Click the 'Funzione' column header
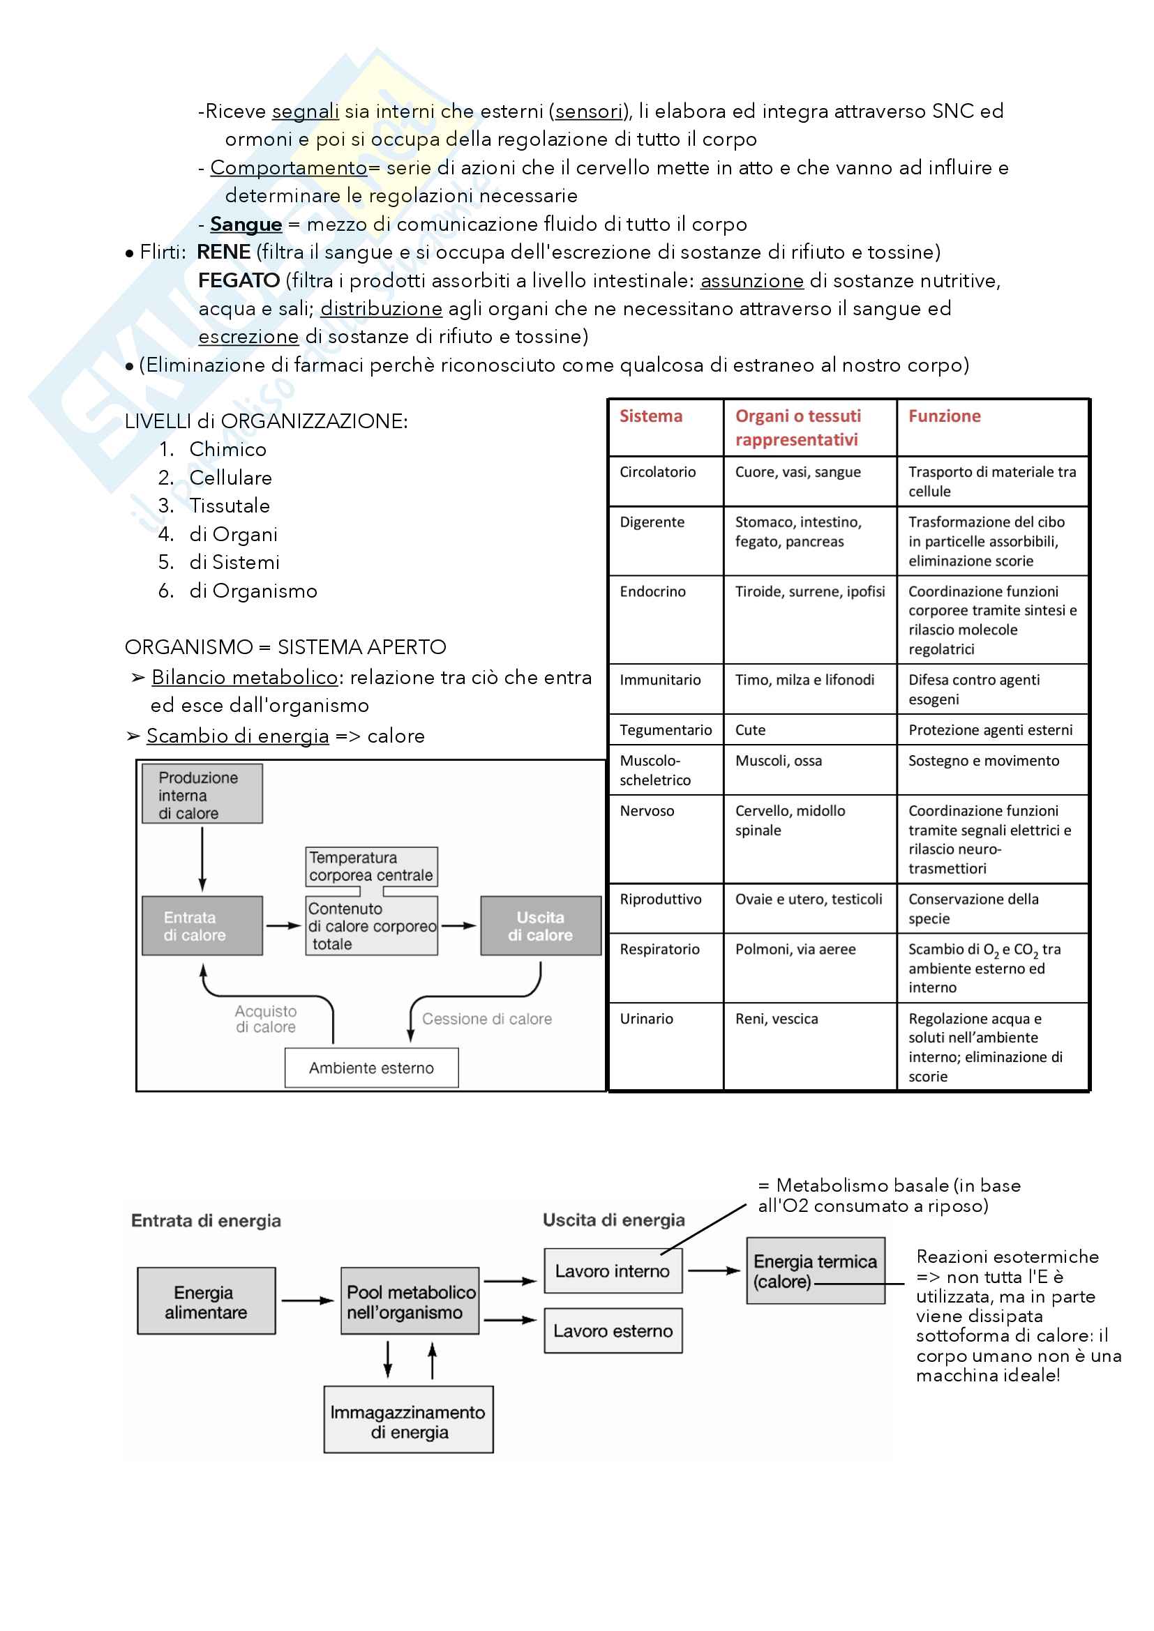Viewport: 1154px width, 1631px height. [944, 416]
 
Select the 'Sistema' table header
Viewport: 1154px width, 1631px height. [650, 416]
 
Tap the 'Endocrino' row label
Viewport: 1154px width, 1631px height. [652, 591]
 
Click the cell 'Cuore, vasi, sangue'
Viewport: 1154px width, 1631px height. [797, 471]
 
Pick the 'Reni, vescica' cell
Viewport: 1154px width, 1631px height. [776, 1019]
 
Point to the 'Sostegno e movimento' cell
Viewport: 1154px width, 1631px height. [984, 760]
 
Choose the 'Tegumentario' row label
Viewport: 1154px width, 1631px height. [665, 729]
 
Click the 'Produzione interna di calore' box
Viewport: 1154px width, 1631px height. [202, 794]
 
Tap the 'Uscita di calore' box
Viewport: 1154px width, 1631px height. [540, 925]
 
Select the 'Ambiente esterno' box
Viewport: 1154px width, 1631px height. [371, 1068]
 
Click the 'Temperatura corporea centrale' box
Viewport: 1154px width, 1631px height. [371, 867]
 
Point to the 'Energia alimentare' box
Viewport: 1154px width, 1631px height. [206, 1301]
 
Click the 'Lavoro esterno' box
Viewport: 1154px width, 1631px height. [613, 1330]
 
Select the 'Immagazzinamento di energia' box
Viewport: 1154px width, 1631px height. [408, 1421]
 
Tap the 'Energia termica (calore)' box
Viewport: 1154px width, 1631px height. [815, 1271]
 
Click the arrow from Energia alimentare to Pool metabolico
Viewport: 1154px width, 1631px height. [307, 1300]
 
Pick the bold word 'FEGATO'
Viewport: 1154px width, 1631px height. [239, 280]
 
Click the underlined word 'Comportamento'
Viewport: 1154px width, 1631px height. [289, 167]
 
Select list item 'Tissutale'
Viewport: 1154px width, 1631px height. [229, 506]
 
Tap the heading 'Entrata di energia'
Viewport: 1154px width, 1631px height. [206, 1220]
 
